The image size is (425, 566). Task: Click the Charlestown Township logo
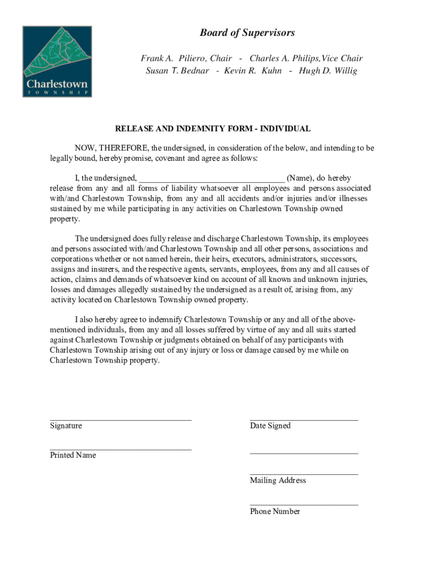tap(57, 61)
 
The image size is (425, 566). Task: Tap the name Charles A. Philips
tap(284, 58)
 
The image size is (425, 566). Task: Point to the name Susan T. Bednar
tap(177, 71)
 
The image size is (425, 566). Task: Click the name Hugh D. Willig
tap(328, 71)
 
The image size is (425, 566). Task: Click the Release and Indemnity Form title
tap(212, 129)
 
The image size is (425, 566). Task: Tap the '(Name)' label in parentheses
tap(301, 178)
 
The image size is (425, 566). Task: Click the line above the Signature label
tap(120, 420)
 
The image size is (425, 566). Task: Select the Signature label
tap(66, 426)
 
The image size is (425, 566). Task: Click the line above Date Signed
tap(304, 420)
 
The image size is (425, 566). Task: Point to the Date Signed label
tap(270, 426)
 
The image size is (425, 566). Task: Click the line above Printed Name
tap(120, 449)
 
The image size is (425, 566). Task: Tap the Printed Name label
tap(73, 455)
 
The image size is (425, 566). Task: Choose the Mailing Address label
tap(278, 480)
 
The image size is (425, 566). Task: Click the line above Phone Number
tap(304, 505)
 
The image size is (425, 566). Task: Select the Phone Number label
tap(275, 511)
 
